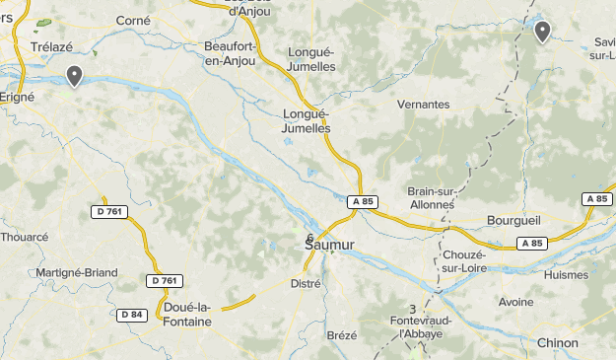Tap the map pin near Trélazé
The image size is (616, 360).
pos(74,75)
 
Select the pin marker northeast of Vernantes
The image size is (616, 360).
pos(542,32)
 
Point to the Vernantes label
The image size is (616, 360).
pos(422,105)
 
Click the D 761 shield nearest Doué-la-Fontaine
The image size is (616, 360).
pos(166,281)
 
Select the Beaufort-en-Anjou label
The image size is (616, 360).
pos(229,53)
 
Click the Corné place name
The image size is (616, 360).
pos(133,20)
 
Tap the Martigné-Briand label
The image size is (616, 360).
pos(76,273)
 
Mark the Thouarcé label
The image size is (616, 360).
pos(24,237)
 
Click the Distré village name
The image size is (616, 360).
pos(307,283)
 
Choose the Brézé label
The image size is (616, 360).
pos(341,335)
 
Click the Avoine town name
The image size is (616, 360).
pos(516,302)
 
